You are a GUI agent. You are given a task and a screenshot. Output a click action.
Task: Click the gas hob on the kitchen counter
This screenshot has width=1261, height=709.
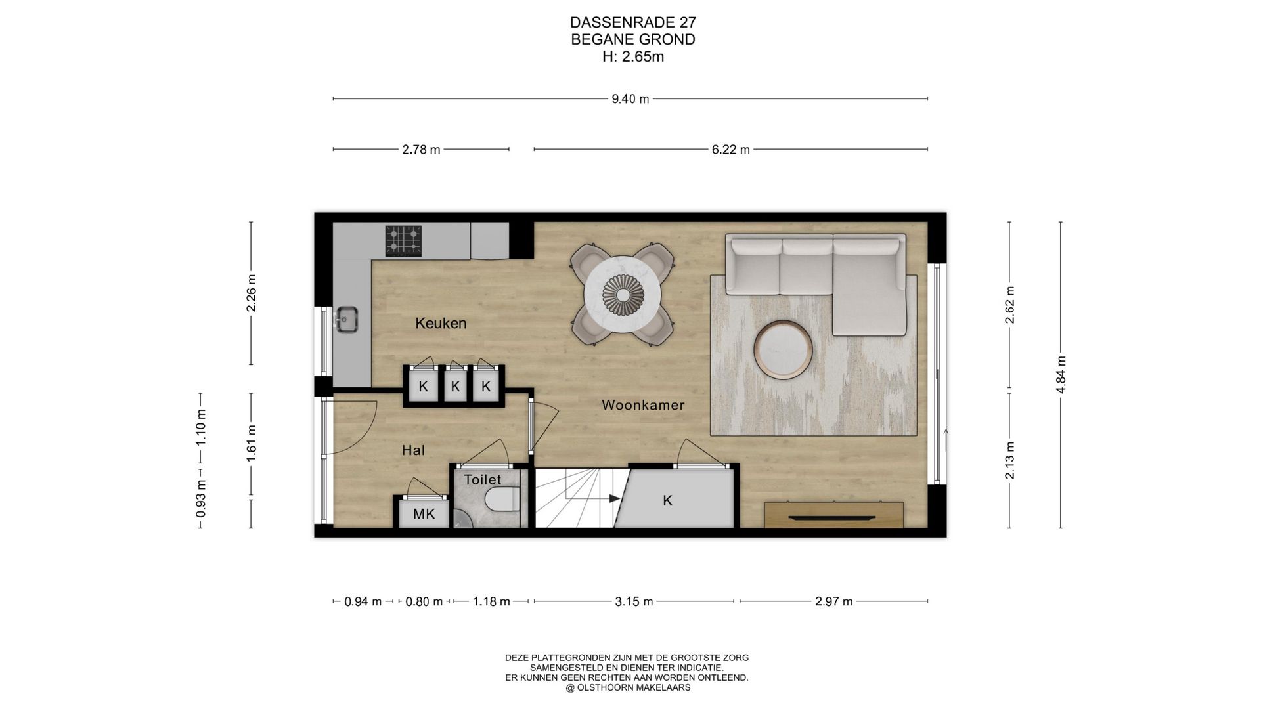pos(403,240)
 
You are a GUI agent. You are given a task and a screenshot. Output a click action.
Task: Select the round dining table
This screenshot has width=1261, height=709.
pos(622,293)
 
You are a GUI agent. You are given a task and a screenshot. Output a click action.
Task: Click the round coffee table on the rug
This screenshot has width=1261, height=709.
pos(783,350)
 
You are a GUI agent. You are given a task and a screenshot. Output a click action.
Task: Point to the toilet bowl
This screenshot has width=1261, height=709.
pos(502,500)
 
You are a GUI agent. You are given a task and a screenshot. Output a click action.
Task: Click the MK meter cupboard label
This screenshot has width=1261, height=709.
pos(424,514)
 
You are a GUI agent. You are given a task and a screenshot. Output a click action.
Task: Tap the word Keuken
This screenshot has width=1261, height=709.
pos(441,323)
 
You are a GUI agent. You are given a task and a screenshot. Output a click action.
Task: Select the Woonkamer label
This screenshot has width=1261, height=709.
pos(643,405)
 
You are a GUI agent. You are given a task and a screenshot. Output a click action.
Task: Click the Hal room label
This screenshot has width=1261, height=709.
pos(413,450)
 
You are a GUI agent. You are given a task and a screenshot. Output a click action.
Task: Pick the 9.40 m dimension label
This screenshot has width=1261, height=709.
pos(630,99)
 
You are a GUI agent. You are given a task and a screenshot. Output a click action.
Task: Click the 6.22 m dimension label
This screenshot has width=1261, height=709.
pos(730,150)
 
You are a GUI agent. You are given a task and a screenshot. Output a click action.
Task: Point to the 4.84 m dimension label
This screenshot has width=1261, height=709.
pos(1061,374)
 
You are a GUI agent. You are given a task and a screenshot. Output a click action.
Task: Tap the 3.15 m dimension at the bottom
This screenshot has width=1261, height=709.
pos(634,601)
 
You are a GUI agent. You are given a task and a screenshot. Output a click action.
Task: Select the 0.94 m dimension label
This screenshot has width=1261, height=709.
pos(363,601)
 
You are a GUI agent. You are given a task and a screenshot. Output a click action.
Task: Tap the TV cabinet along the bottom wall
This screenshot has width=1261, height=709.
pos(834,515)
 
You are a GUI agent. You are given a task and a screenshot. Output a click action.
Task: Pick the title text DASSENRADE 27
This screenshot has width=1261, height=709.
pos(633,23)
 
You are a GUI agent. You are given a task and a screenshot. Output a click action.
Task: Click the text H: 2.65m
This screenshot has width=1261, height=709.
pos(633,57)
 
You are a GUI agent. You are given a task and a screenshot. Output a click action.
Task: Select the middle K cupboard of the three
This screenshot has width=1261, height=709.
pos(455,386)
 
